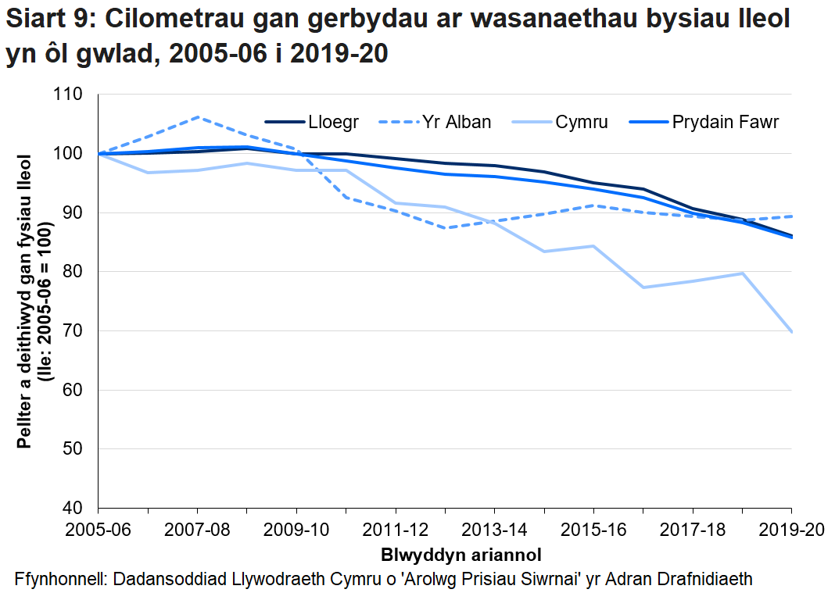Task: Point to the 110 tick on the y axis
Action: pyautogui.click(x=69, y=95)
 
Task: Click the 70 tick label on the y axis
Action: pyautogui.click(x=73, y=331)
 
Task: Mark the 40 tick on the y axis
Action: pyautogui.click(x=73, y=508)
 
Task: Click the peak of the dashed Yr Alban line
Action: pyautogui.click(x=197, y=117)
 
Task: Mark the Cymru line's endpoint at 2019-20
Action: pyautogui.click(x=791, y=332)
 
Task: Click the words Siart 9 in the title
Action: pyautogui.click(x=47, y=21)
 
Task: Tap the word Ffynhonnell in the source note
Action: pyautogui.click(x=61, y=579)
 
